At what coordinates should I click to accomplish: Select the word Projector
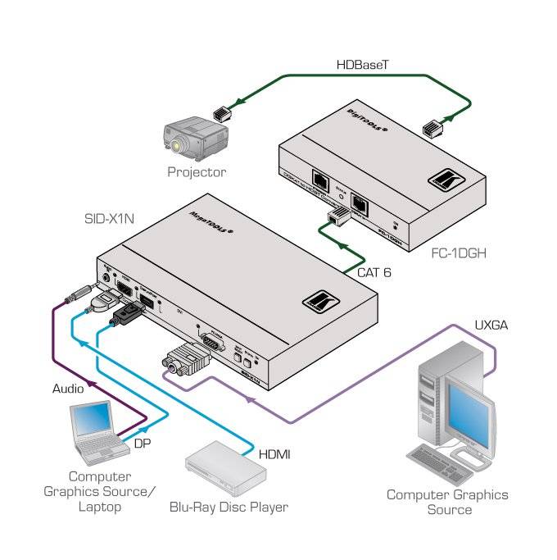(x=197, y=172)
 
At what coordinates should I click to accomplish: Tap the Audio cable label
(x=68, y=389)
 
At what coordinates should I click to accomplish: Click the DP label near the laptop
(x=142, y=443)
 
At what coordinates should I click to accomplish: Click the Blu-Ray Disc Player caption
(x=229, y=507)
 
